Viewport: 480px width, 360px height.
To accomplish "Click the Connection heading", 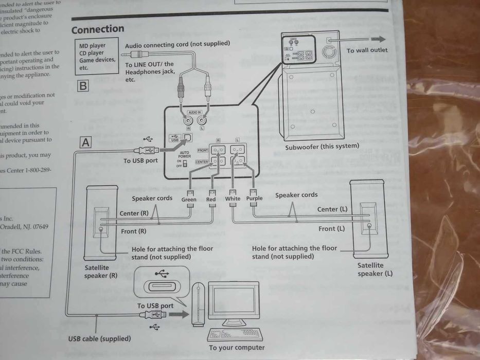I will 98,29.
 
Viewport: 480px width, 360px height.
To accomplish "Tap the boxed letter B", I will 82,85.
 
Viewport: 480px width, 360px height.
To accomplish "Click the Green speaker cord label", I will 189,200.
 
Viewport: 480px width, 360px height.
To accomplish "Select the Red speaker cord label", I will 211,200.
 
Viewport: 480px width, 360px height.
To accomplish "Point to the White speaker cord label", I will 233,199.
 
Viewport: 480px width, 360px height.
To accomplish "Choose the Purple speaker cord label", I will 254,199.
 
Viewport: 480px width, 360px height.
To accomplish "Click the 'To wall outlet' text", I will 367,50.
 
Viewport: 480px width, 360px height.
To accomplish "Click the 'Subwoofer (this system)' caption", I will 322,146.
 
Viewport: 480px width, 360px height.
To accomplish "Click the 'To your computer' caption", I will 237,348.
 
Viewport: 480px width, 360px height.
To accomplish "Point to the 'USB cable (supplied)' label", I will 99,338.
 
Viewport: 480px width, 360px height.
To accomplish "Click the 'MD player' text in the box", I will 90,46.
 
